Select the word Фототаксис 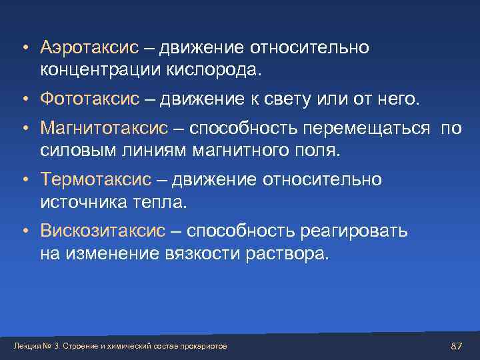(x=89, y=99)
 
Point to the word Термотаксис (x=95, y=179)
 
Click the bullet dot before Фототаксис (x=23, y=100)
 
